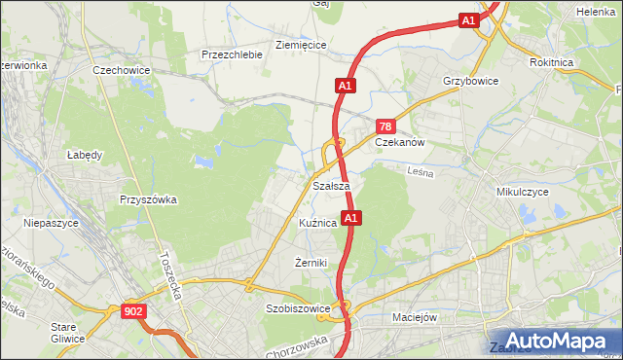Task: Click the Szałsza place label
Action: (x=331, y=186)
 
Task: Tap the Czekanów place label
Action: (x=401, y=141)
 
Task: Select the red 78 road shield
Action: (x=386, y=127)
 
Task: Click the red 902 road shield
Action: (x=134, y=311)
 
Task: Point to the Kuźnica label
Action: (x=318, y=223)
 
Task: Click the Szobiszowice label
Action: (x=298, y=308)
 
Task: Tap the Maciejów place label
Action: (x=419, y=316)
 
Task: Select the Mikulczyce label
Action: (x=523, y=193)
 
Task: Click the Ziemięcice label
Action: (x=301, y=45)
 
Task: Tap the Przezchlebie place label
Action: (x=232, y=54)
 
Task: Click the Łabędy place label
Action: (x=85, y=154)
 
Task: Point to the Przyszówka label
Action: (x=148, y=199)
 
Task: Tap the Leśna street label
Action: (x=420, y=172)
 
